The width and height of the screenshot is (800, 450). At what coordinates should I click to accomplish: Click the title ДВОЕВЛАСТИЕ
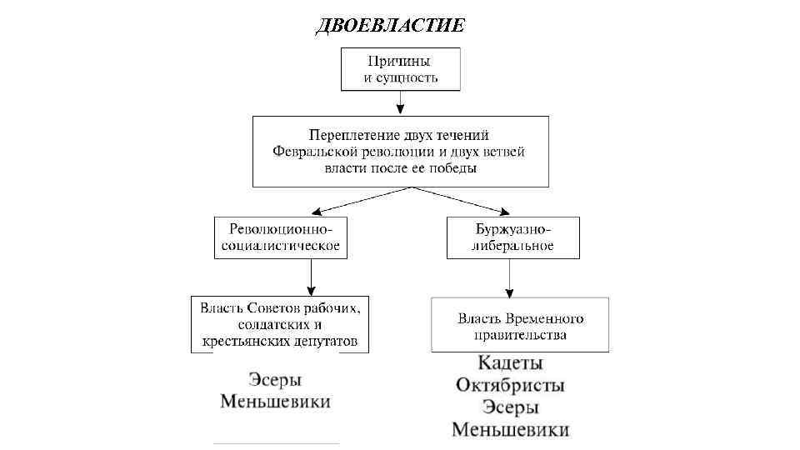(391, 25)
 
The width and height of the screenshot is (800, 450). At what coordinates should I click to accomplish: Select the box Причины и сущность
(400, 68)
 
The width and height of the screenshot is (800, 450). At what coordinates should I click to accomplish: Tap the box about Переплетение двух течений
(400, 151)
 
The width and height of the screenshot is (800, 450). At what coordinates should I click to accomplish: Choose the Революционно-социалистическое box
(279, 237)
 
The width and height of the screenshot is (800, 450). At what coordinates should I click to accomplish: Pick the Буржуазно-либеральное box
(513, 237)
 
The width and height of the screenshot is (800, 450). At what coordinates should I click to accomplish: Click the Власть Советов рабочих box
(279, 324)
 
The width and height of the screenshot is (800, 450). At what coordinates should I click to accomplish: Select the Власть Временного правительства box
(520, 326)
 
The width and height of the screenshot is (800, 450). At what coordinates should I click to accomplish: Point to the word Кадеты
(511, 364)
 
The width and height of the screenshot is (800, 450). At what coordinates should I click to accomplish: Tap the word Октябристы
(511, 386)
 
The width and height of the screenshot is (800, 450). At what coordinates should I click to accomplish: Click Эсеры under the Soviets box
(275, 380)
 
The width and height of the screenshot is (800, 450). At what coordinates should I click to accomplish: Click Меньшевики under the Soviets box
(275, 402)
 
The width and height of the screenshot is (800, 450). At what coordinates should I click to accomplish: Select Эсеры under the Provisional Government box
(511, 407)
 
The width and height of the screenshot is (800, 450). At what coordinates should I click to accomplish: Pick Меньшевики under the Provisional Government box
(511, 430)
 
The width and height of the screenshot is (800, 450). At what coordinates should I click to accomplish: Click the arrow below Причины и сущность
(400, 102)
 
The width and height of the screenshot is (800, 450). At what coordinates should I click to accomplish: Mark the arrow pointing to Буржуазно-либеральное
(467, 202)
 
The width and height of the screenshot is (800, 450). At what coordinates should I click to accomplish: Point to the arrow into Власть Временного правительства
(509, 278)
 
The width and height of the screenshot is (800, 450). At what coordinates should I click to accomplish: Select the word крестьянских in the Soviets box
(239, 341)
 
